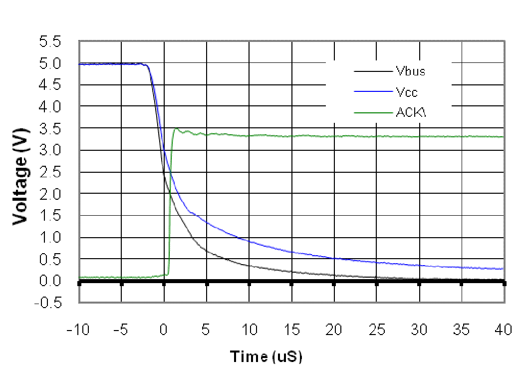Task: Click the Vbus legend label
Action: click(411, 71)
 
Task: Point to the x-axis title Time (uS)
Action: click(266, 357)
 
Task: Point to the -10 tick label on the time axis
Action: click(79, 330)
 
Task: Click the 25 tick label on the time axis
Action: click(376, 330)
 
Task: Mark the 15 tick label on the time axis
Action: click(291, 330)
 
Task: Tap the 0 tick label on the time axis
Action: click(164, 330)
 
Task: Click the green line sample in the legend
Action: click(373, 113)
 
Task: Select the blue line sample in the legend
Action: click(373, 92)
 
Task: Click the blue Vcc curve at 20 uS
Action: click(334, 258)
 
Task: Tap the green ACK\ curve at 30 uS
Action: click(419, 136)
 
